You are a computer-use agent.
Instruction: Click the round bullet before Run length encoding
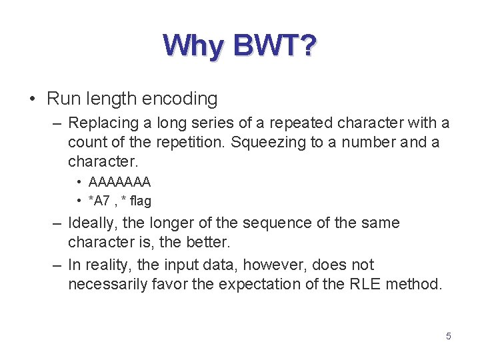pyautogui.click(x=33, y=99)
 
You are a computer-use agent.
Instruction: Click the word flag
pyautogui.click(x=141, y=201)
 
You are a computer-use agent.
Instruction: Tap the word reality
pyautogui.click(x=110, y=265)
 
